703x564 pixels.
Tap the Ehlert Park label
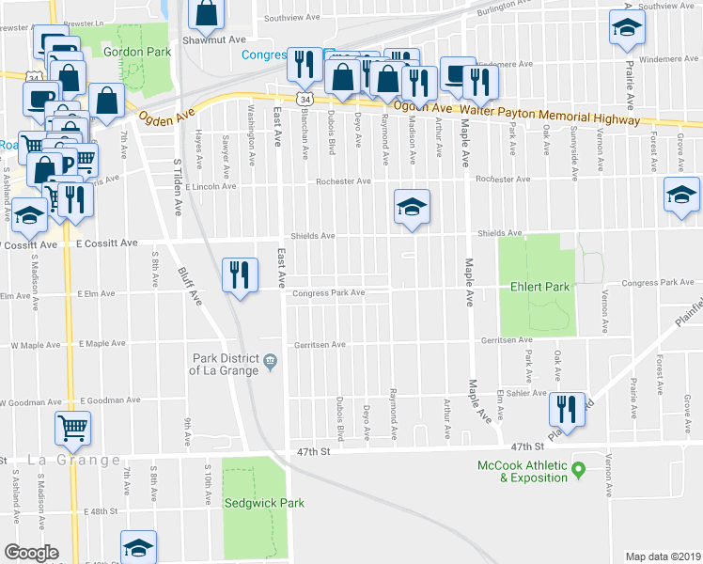tap(536, 285)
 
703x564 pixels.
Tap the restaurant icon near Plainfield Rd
tap(566, 407)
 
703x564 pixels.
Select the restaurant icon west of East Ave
tap(239, 274)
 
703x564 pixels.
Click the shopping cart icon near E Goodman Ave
tap(72, 428)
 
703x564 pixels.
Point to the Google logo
tap(30, 553)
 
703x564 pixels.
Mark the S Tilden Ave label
tap(177, 188)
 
